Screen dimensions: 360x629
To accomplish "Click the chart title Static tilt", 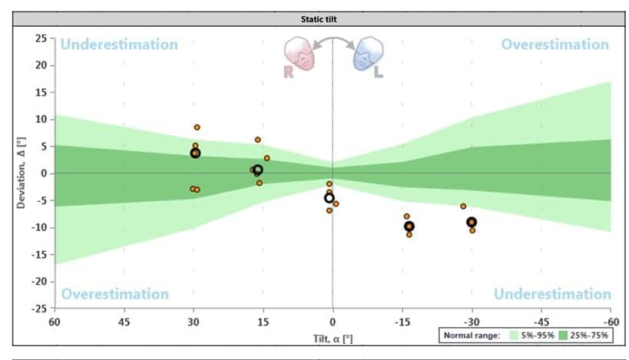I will click(314, 18).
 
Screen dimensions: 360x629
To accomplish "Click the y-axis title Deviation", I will click(21, 173).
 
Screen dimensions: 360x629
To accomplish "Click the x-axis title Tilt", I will click(333, 338).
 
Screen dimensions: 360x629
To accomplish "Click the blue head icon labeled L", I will click(366, 55).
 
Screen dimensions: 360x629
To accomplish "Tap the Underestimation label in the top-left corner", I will click(119, 45).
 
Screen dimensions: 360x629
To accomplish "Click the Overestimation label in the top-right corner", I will click(555, 45).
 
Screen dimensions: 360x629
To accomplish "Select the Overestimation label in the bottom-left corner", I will click(115, 294).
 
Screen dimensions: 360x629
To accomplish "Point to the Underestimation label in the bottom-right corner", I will click(552, 294).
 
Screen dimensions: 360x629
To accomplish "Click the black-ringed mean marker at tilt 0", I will click(329, 198).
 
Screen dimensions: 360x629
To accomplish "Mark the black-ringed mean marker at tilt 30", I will click(195, 154).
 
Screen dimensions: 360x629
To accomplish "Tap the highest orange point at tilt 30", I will click(197, 127).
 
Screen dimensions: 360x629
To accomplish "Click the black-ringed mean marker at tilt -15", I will click(409, 226).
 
